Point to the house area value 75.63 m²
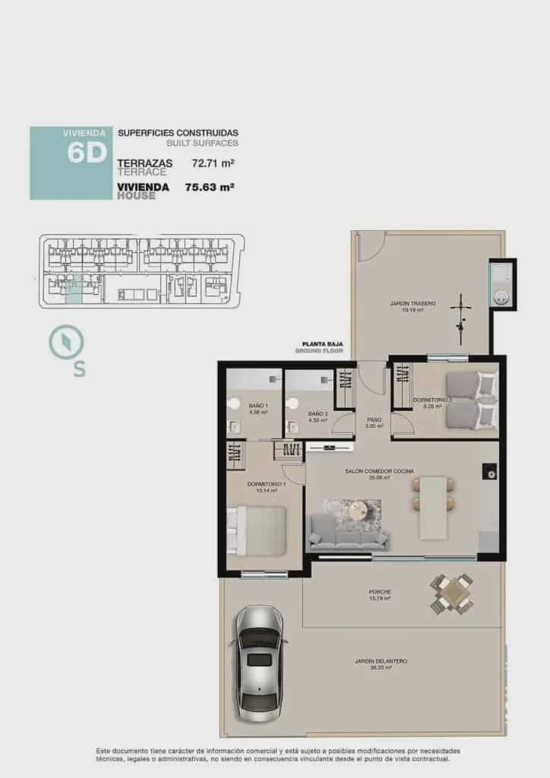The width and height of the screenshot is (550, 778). pos(209,186)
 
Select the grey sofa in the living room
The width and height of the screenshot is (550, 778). pos(348,533)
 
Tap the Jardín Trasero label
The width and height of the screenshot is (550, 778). pos(413,303)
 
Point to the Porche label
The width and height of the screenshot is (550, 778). pos(379,592)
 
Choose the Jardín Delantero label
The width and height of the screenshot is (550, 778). pos(381,661)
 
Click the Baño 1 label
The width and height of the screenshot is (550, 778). pos(258,406)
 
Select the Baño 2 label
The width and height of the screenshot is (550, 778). pos(318,413)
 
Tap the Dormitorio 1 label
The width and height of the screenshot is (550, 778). pos(266,484)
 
